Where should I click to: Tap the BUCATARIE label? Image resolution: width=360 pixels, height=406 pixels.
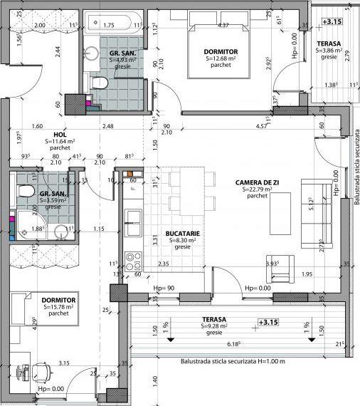coord(183,234)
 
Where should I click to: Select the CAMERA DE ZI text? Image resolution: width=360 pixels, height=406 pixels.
coord(257,182)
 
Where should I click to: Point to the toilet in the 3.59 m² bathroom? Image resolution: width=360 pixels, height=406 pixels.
coord(25,192)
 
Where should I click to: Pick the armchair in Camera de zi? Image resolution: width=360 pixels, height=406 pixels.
coord(280,265)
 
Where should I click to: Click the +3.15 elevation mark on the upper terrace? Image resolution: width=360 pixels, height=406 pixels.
coord(331,22)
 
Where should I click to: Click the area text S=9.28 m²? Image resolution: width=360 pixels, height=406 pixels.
coord(213,326)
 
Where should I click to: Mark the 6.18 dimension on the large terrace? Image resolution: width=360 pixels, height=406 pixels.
coord(232,344)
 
